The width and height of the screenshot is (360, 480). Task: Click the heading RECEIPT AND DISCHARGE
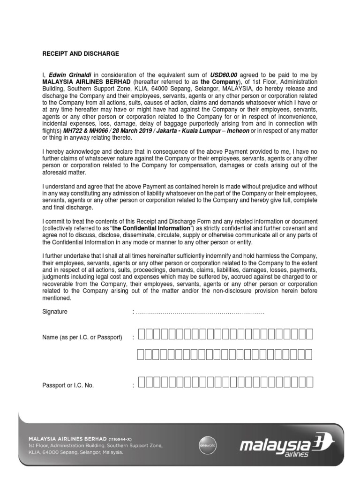(x=81, y=54)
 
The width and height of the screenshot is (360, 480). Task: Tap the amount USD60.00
(x=224, y=75)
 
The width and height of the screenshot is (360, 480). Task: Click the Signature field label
(x=55, y=312)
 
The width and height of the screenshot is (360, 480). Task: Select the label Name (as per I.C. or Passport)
(x=82, y=337)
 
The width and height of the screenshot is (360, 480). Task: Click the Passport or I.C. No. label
(x=68, y=385)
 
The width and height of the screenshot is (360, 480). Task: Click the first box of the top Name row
(x=142, y=334)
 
